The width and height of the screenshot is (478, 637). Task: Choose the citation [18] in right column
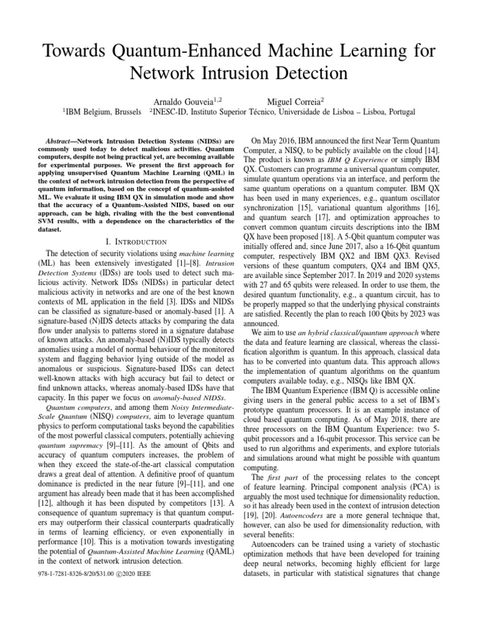[x=360, y=237]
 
